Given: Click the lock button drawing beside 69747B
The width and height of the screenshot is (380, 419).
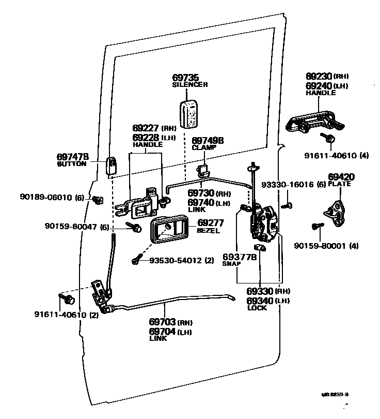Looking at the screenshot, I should pos(112,165).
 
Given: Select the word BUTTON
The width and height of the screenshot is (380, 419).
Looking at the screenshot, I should pos(72,163).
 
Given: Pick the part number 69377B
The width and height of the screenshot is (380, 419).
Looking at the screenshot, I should pos(240,257).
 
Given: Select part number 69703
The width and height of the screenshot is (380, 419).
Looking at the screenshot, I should pos(162,322).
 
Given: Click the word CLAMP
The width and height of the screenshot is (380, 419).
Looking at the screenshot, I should pos(204,147).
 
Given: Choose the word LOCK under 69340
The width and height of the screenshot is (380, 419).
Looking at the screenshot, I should pos(257,308).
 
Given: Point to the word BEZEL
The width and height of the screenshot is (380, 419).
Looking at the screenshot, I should pos(208,231).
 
